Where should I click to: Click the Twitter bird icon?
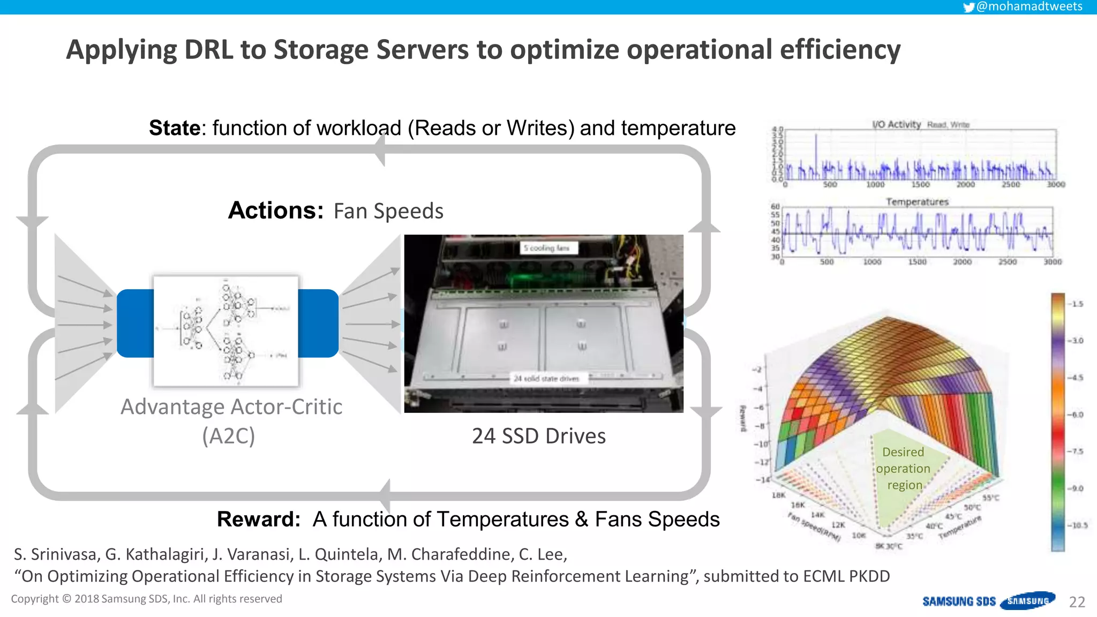click(x=968, y=7)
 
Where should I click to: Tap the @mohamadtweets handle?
click(x=1029, y=6)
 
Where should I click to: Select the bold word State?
click(x=174, y=128)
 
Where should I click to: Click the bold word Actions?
click(x=276, y=210)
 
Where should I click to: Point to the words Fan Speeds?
click(x=388, y=212)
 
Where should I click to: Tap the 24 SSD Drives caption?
click(x=538, y=436)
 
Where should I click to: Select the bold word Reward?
click(x=259, y=519)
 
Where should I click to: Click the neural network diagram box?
click(x=226, y=330)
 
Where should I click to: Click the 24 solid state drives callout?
click(x=546, y=379)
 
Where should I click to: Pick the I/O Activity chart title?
click(x=896, y=124)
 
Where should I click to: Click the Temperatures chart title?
click(x=916, y=202)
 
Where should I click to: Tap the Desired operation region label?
click(x=904, y=469)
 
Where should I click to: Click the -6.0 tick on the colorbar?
click(x=1077, y=415)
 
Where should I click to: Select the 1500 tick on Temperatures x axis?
click(x=917, y=262)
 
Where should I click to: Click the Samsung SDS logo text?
click(x=959, y=601)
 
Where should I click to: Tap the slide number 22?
click(x=1077, y=602)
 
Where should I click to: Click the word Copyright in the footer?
click(x=35, y=599)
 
